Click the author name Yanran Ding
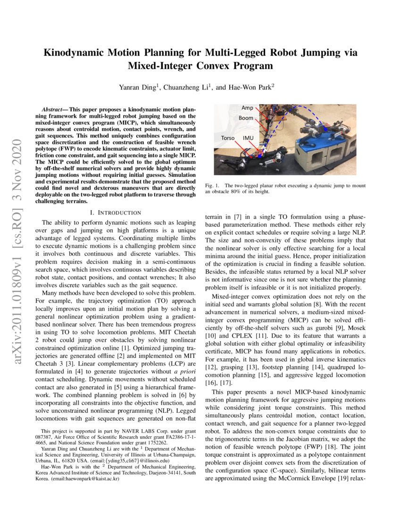tap(139, 87)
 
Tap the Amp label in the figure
tap(247, 108)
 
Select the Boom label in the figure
tap(245, 118)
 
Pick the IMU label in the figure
tap(248, 138)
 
